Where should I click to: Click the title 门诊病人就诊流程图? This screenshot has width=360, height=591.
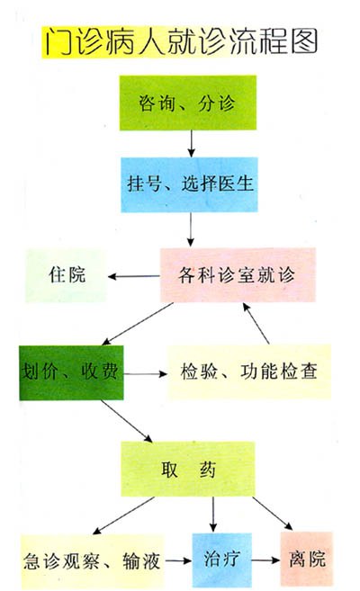pyautogui.click(x=181, y=41)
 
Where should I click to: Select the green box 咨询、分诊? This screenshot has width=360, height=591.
pyautogui.click(x=188, y=103)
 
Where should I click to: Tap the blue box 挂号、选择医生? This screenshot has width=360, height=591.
pyautogui.click(x=189, y=184)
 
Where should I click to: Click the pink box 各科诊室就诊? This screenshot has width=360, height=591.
pyautogui.click(x=238, y=275)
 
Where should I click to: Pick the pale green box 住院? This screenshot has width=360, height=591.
pyautogui.click(x=67, y=275)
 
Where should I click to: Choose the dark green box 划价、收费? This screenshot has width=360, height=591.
pyautogui.click(x=71, y=372)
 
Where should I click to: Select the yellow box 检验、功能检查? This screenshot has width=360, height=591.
pyautogui.click(x=249, y=372)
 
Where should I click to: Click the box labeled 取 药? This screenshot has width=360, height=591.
pyautogui.click(x=188, y=470)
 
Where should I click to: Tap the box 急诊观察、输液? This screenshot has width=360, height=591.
pyautogui.click(x=93, y=560)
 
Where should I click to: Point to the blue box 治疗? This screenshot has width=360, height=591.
pyautogui.click(x=222, y=560)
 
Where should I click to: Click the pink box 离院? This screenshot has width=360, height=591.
pyautogui.click(x=307, y=559)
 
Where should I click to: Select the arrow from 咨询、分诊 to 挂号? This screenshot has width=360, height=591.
pyautogui.click(x=192, y=144)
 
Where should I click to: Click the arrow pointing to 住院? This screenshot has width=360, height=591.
pyautogui.click(x=134, y=277)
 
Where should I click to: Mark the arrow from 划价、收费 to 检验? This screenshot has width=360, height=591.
pyautogui.click(x=146, y=374)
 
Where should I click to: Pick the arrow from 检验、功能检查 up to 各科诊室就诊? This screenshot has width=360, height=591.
pyautogui.click(x=256, y=324)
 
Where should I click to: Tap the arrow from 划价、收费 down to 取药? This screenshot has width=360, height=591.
pyautogui.click(x=127, y=421)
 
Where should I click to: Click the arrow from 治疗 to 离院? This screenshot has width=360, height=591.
pyautogui.click(x=266, y=560)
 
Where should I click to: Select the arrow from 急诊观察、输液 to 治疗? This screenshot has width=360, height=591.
pyautogui.click(x=178, y=560)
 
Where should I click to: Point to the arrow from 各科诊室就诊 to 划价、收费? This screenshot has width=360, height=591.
pyautogui.click(x=138, y=324)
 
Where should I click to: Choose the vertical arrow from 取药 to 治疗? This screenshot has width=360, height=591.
pyautogui.click(x=213, y=515)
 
